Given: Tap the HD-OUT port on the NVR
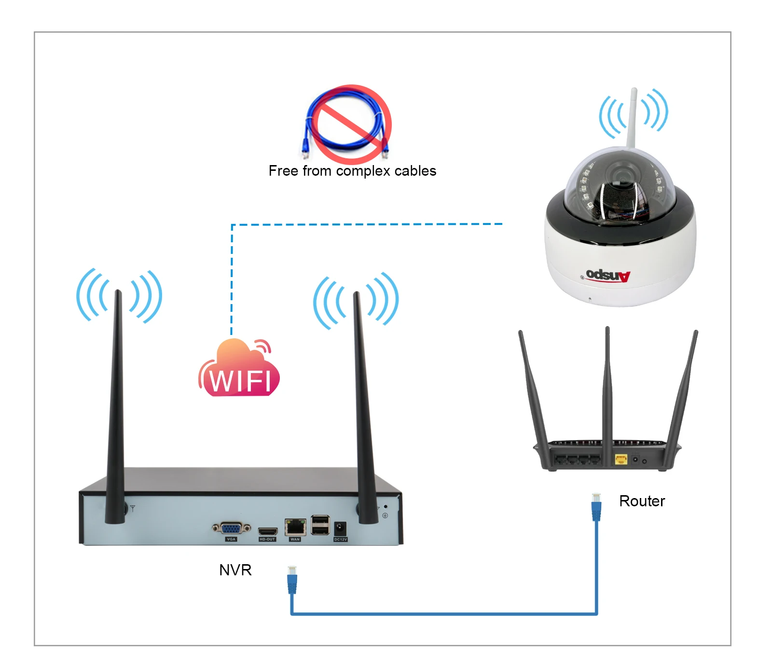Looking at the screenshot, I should (x=267, y=532).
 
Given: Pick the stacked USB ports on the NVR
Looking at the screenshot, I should (x=320, y=525).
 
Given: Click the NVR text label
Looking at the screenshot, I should (x=235, y=570).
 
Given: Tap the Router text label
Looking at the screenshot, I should (x=641, y=501).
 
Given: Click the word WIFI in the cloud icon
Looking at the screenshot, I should (x=240, y=381).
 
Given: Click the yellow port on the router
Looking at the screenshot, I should (x=620, y=459).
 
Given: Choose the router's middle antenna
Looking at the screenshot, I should (x=607, y=386).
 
